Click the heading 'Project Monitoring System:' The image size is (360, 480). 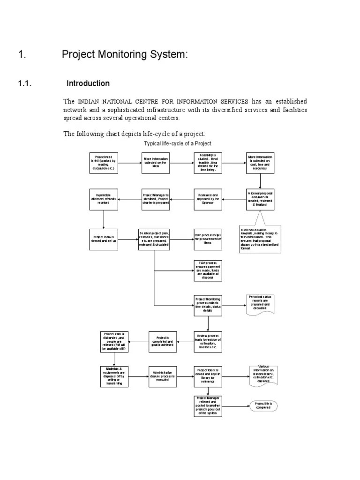tap(125, 55)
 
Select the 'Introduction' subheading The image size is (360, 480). tap(88, 83)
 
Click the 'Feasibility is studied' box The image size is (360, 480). tap(208, 163)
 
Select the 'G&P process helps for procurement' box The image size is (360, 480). tap(208, 240)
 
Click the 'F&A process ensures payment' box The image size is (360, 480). tap(208, 270)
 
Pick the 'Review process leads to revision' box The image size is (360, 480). tap(208, 342)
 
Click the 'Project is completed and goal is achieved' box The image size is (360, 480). tap(162, 342)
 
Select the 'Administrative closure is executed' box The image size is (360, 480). tap(162, 376)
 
